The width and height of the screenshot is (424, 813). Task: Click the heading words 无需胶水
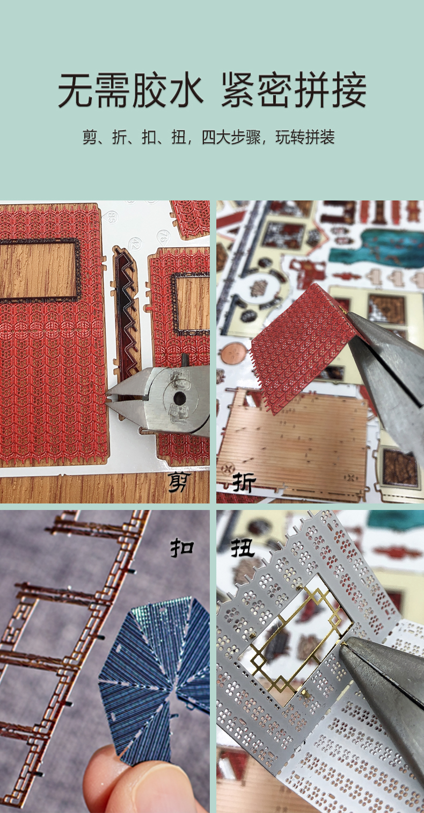130,90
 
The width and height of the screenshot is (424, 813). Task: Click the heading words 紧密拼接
294,90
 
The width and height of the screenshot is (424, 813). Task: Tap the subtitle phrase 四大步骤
231,137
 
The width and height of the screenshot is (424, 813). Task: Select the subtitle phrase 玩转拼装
305,137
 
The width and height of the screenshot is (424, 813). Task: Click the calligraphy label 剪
180,482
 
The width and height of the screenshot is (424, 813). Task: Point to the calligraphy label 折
244,482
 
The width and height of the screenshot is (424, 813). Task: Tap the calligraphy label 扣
182,548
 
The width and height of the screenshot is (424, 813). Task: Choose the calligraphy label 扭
243,548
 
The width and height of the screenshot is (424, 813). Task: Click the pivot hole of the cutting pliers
179,398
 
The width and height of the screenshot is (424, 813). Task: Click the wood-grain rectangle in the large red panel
38,270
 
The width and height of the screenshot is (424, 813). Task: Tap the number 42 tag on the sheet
135,243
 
